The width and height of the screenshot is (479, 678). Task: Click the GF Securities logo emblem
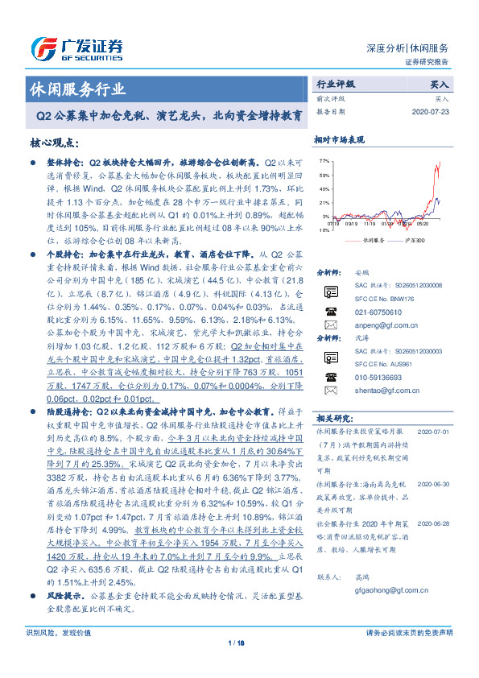pyautogui.click(x=42, y=47)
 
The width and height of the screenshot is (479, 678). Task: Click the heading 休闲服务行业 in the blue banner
pyautogui.click(x=77, y=89)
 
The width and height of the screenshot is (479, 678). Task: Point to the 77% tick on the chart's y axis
pyautogui.click(x=324, y=161)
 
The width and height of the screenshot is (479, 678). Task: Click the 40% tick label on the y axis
pyautogui.click(x=324, y=189)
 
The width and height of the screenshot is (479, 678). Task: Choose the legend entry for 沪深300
pyautogui.click(x=409, y=240)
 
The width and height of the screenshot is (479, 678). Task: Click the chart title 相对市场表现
pyautogui.click(x=338, y=138)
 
